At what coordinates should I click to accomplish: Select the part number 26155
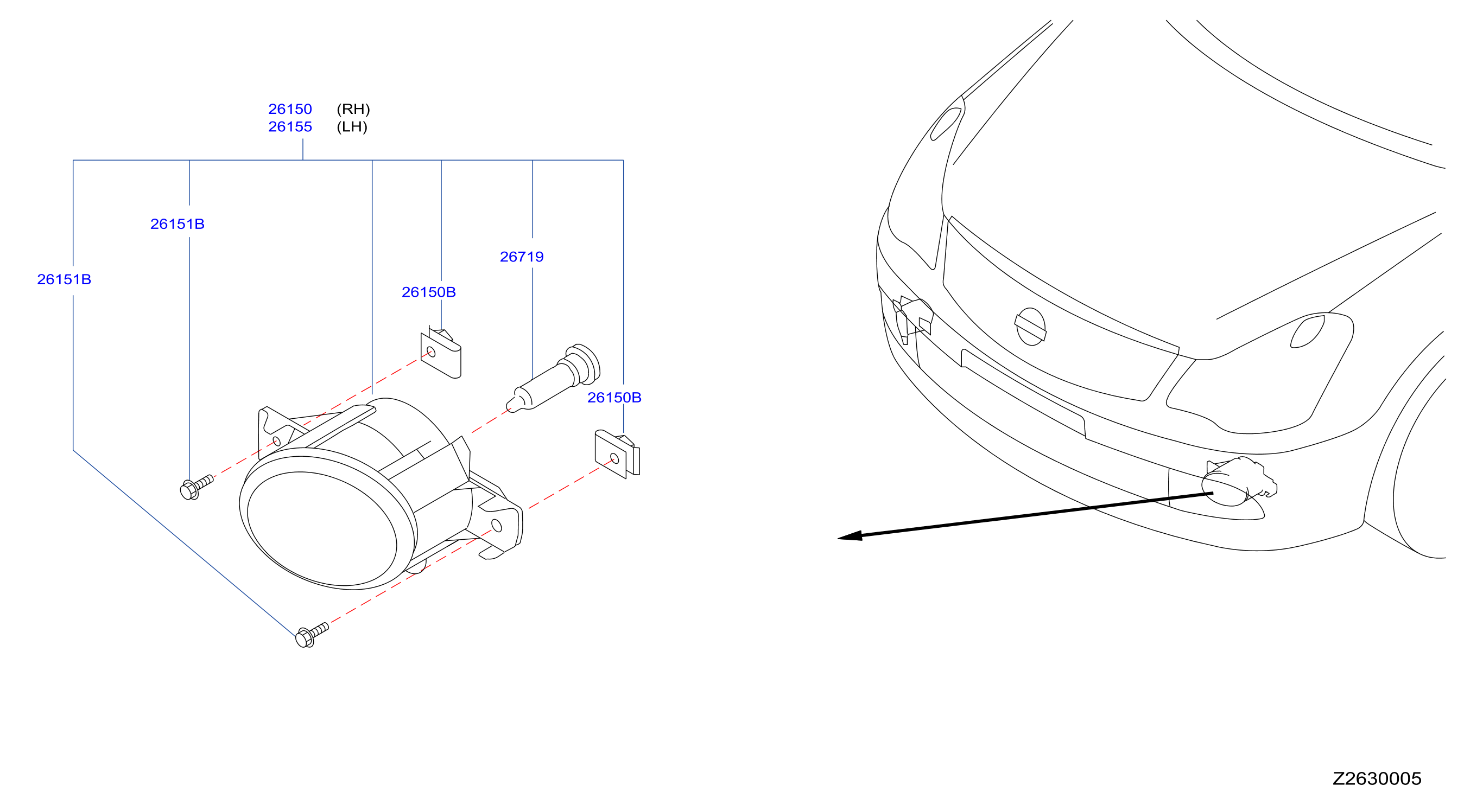click(x=290, y=126)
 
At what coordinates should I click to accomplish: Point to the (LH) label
click(x=352, y=126)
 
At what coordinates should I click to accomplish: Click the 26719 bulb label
click(x=522, y=257)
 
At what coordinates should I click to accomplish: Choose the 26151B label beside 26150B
click(x=178, y=224)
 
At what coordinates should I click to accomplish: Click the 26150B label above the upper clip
click(x=429, y=292)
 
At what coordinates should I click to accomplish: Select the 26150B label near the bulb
click(x=614, y=398)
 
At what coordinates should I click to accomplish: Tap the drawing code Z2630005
click(x=1377, y=778)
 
